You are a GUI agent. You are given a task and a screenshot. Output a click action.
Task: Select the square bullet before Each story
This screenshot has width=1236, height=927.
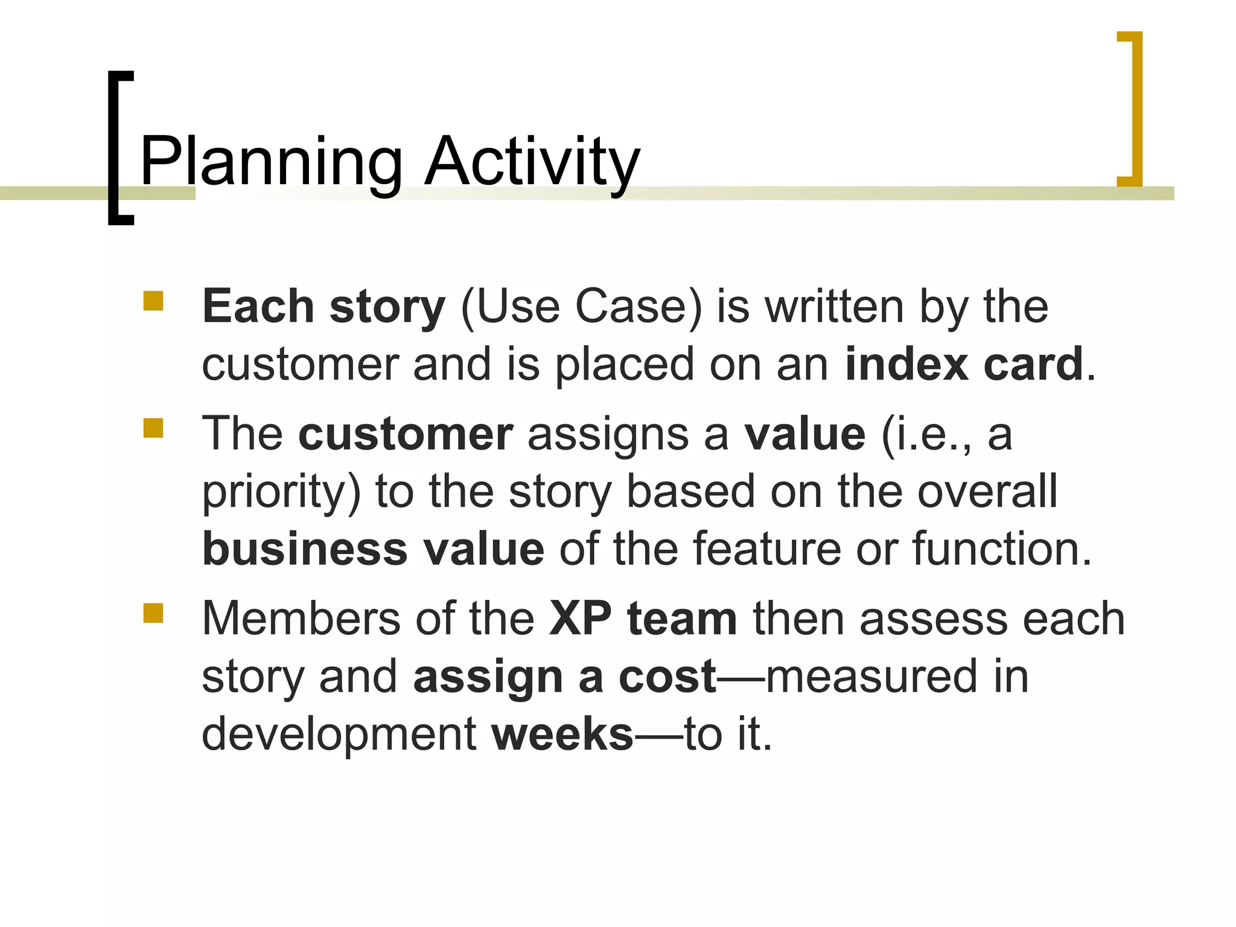tap(153, 301)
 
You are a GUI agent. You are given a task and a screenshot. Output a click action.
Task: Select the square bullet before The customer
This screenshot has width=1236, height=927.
tap(153, 428)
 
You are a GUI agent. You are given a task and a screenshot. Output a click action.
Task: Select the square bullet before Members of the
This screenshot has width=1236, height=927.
tap(153, 613)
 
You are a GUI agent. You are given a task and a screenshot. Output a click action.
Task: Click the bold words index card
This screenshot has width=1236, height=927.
tap(964, 365)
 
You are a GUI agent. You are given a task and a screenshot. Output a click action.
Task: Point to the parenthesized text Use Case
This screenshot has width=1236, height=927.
tap(581, 307)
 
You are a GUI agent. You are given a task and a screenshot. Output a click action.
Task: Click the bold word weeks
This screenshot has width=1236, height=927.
tap(562, 734)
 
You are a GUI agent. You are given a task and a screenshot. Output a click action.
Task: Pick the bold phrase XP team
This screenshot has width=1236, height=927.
tap(643, 619)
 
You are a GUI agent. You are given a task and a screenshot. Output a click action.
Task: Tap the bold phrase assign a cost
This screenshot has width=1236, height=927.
tap(564, 677)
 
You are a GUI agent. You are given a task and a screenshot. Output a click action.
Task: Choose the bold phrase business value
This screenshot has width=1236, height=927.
tap(373, 550)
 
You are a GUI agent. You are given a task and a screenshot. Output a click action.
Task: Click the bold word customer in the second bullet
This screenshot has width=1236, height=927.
tap(406, 435)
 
